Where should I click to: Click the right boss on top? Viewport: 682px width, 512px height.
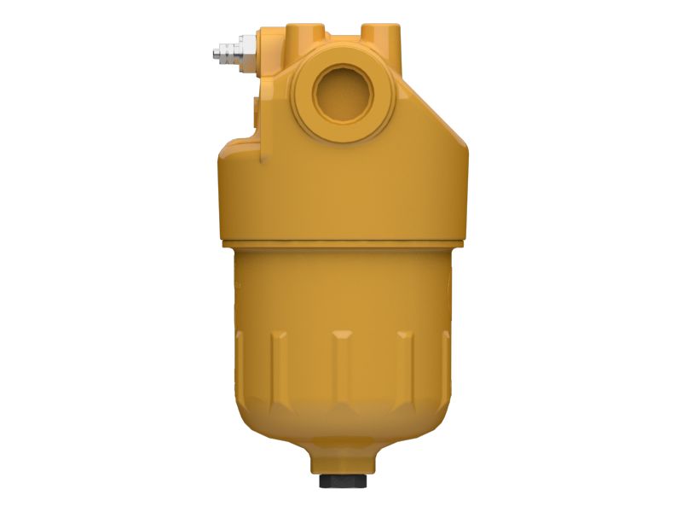[380, 37]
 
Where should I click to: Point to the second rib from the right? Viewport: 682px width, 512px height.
[404, 363]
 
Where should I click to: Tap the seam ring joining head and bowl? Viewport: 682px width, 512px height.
[341, 242]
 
